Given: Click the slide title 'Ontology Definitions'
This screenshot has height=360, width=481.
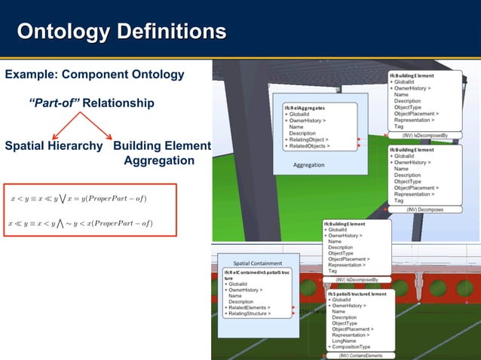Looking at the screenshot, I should point(121,32).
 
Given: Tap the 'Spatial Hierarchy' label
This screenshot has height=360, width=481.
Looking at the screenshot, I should point(54,145).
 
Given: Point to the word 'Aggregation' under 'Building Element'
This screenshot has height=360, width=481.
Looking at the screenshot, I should point(158,161).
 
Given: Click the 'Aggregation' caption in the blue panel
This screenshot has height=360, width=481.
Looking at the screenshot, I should point(309,165).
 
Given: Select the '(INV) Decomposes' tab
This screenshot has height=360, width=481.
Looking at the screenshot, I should point(426,209).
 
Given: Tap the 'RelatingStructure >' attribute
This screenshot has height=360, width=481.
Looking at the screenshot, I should point(248,313).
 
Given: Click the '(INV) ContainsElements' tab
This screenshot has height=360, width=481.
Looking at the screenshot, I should point(360,355).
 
